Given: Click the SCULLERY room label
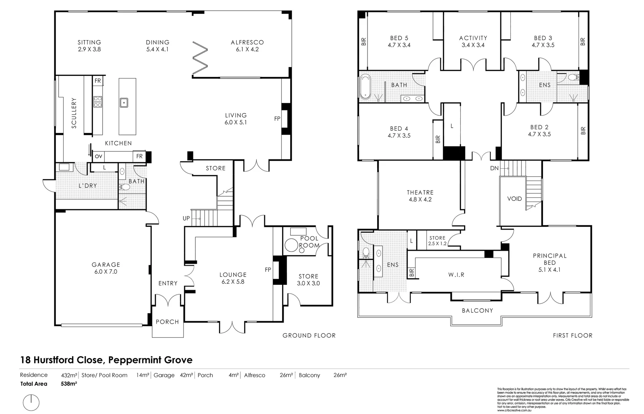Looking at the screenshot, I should (74, 113).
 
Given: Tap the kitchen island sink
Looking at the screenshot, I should (124, 103).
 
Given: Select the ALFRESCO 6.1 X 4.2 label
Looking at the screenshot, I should (247, 46).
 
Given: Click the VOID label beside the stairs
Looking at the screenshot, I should (514, 199).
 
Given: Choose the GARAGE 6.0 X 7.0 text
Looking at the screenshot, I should (106, 268).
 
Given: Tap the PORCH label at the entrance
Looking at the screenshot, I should (167, 322).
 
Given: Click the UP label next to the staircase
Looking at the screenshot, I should (186, 219).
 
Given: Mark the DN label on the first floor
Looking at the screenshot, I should (494, 168).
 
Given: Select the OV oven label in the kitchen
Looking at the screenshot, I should (98, 156).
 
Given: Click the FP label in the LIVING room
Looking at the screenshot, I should (277, 119).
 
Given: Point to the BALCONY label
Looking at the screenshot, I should (477, 310).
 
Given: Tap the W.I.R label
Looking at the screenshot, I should (456, 274).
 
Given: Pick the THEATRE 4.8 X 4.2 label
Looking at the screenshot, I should (420, 196).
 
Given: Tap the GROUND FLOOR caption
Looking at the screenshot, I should (309, 335).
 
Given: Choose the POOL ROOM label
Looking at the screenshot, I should (309, 242).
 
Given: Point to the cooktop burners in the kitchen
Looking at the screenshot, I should (98, 101).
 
